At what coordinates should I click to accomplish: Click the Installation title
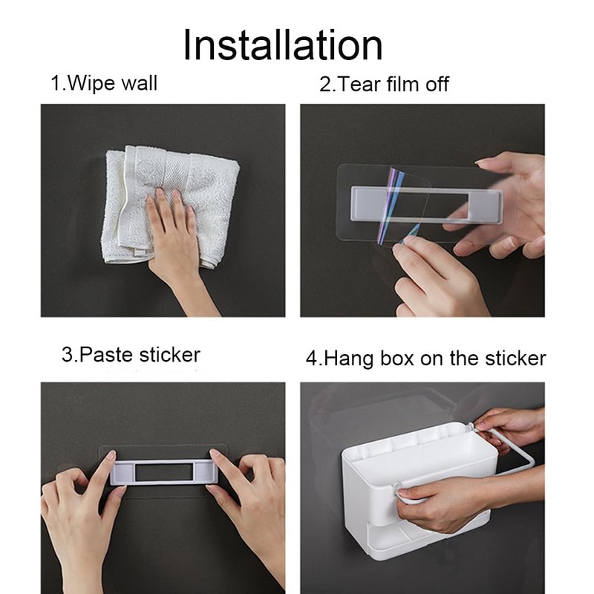click(x=283, y=45)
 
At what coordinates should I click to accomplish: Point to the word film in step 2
click(x=402, y=84)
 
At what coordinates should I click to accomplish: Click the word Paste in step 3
click(x=106, y=355)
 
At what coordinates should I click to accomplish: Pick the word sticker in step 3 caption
click(x=169, y=355)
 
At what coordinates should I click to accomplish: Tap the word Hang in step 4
click(x=348, y=359)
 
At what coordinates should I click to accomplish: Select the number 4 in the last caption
click(x=311, y=359)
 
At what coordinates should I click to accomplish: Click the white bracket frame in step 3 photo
click(x=164, y=472)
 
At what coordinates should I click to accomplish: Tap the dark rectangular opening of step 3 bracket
click(x=164, y=472)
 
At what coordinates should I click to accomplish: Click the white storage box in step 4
click(x=419, y=489)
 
